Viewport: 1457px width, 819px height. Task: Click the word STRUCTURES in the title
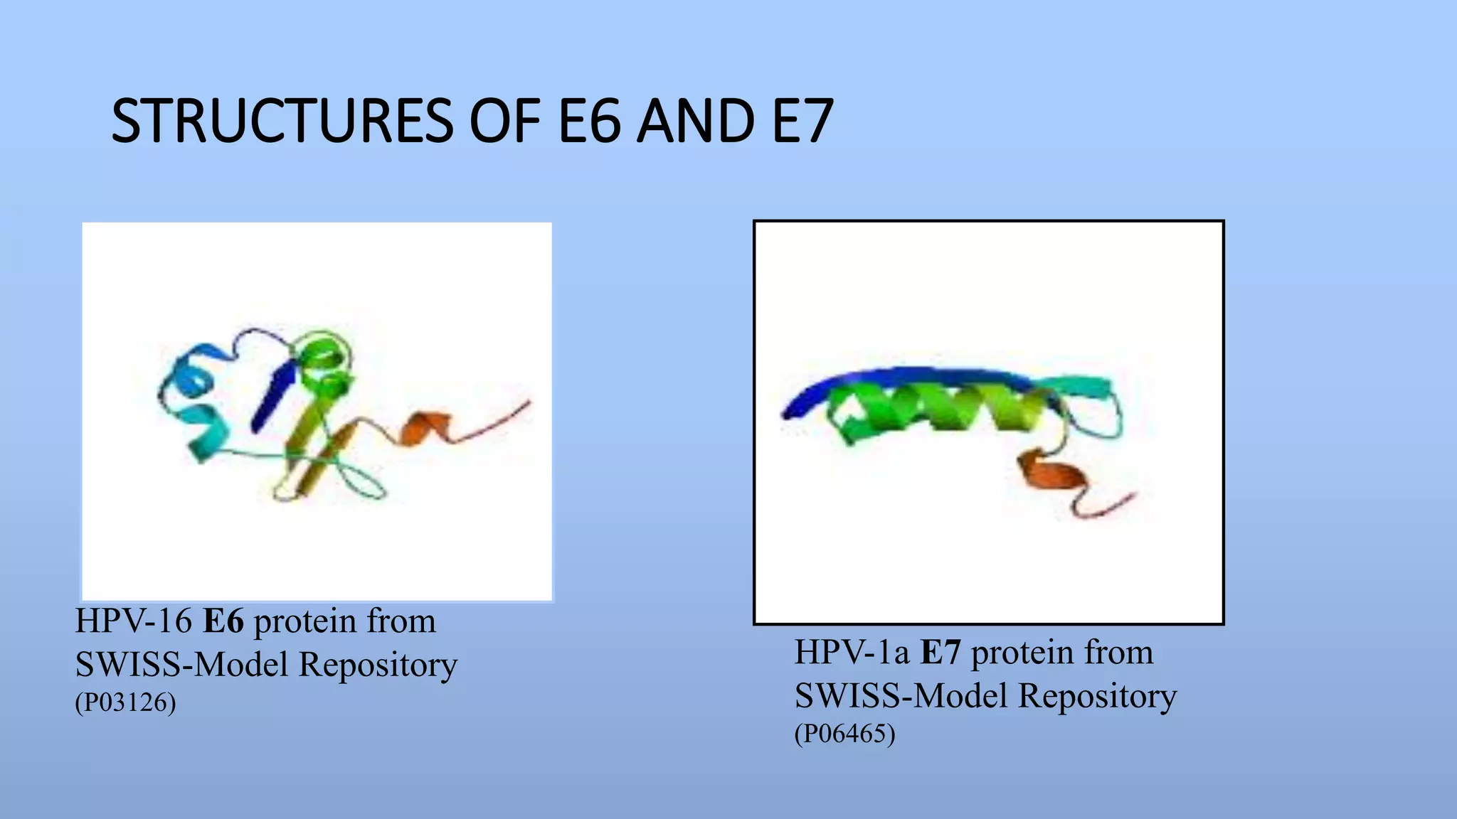(x=282, y=122)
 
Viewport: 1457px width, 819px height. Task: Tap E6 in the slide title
(x=588, y=122)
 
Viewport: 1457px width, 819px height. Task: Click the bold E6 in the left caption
(x=223, y=621)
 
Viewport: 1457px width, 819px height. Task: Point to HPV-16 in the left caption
(x=134, y=621)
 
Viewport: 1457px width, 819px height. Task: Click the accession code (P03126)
(x=125, y=702)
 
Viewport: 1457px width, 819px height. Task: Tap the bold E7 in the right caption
(x=941, y=653)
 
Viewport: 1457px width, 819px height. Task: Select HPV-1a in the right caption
(x=852, y=653)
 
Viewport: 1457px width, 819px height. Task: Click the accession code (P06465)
(x=844, y=734)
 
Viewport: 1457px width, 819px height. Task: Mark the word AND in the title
(x=695, y=122)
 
